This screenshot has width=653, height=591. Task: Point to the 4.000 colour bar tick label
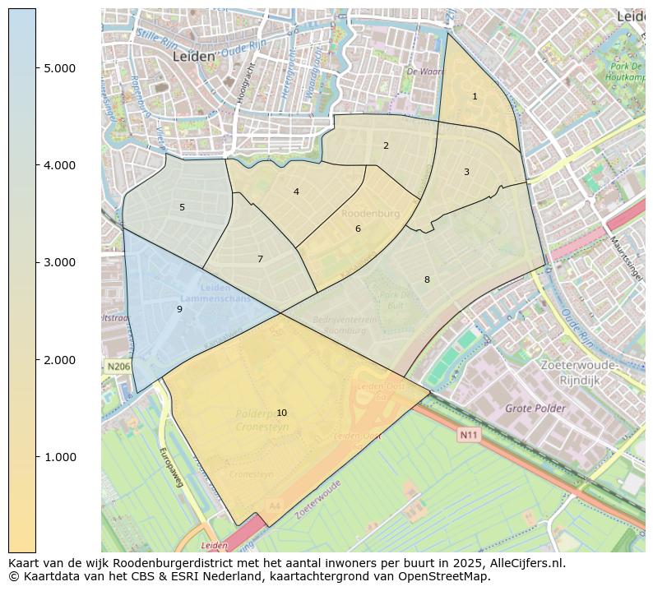[59, 165]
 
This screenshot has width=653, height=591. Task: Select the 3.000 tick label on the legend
[59, 263]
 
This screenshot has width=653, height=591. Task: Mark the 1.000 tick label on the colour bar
[59, 457]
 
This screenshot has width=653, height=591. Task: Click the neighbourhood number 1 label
[475, 97]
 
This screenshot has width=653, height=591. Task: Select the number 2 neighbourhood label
[386, 146]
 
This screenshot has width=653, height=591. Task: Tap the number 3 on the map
[466, 173]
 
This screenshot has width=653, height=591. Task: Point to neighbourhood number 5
[182, 208]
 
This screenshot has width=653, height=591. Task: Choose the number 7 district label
[260, 260]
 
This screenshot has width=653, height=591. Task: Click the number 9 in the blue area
[179, 310]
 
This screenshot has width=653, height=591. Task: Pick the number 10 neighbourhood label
[281, 413]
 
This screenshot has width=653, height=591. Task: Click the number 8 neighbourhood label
[427, 280]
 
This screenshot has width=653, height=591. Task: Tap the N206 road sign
[117, 366]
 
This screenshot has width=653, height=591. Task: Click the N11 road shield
[468, 435]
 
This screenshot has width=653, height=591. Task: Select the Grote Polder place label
[535, 409]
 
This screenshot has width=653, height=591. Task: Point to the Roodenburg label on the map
[370, 214]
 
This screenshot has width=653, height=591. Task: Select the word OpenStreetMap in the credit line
[447, 577]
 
